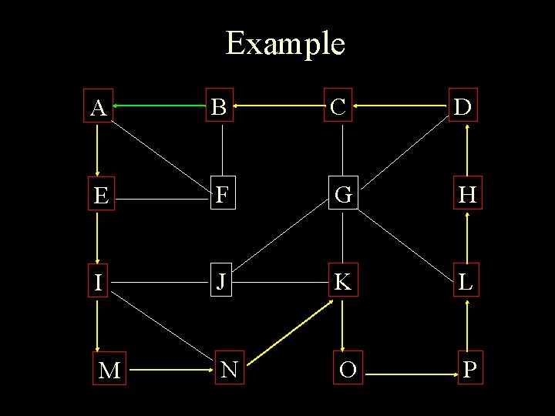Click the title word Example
[285, 43]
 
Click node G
[343, 196]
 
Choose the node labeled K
[343, 283]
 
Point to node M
[109, 371]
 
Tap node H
[468, 196]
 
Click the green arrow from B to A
[160, 105]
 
